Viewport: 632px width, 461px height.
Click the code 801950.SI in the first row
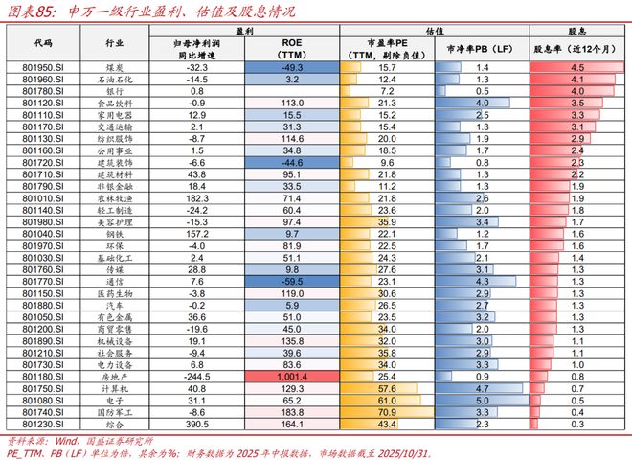[x=43, y=68]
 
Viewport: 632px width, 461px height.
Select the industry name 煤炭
[x=113, y=68]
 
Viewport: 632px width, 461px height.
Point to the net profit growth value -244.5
[x=196, y=376]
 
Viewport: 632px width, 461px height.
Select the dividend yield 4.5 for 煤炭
[x=576, y=68]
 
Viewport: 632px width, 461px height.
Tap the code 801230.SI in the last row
[x=43, y=422]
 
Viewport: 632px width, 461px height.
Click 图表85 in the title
[x=30, y=12]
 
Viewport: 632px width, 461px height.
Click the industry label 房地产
[x=113, y=376]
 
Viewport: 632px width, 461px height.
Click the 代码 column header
[x=43, y=43]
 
